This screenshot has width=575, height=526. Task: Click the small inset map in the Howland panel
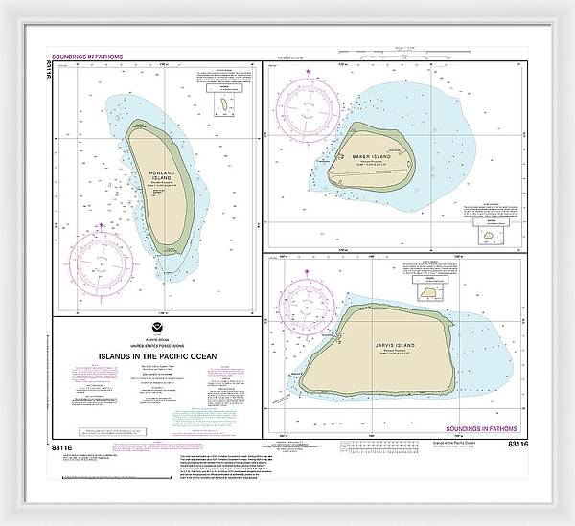click(224, 102)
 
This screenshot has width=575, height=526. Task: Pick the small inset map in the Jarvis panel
click(427, 292)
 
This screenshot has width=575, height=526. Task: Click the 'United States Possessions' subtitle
click(154, 346)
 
